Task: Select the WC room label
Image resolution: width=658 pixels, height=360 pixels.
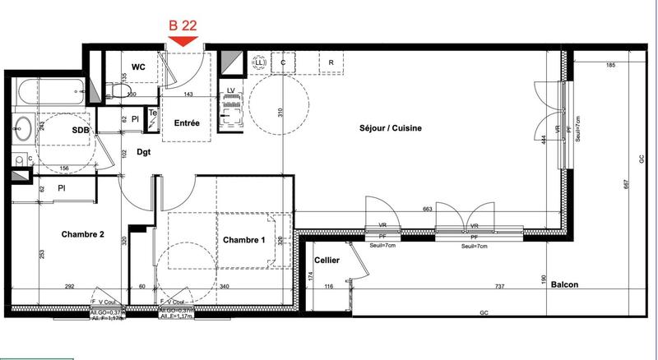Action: pyautogui.click(x=138, y=67)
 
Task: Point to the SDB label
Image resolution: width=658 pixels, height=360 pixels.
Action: pyautogui.click(x=80, y=131)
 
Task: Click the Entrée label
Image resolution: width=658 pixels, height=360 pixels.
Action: pyautogui.click(x=187, y=123)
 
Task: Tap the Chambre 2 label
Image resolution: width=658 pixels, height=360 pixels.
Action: pyautogui.click(x=83, y=234)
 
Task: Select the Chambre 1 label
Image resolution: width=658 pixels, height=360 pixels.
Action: pyautogui.click(x=244, y=239)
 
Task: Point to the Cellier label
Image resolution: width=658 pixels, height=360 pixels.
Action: pyautogui.click(x=327, y=260)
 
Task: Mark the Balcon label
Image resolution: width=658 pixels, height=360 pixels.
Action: pyautogui.click(x=564, y=285)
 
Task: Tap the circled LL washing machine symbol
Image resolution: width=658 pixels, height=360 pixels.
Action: pyautogui.click(x=260, y=62)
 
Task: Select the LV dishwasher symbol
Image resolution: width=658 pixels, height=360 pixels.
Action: pyautogui.click(x=231, y=90)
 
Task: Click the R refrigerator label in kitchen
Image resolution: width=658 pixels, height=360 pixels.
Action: pyautogui.click(x=331, y=62)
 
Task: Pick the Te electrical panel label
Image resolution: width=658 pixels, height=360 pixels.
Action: pyautogui.click(x=152, y=115)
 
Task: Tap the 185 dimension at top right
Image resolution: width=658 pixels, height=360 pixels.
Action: pyautogui.click(x=610, y=64)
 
